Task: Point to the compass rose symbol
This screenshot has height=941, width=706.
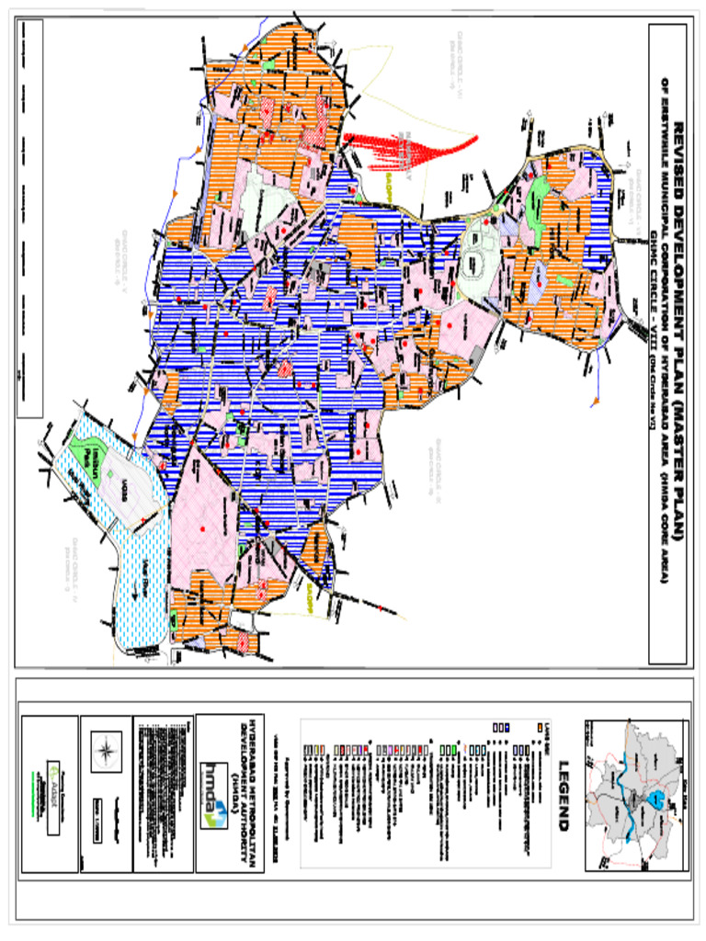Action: point(107,747)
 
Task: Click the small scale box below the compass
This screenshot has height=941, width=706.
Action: point(107,804)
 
